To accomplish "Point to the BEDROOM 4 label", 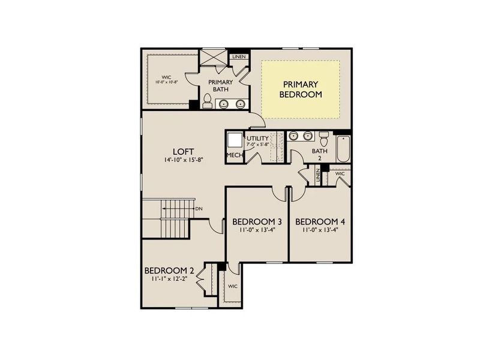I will (x=320, y=221).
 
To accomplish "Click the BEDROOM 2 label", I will (x=169, y=269).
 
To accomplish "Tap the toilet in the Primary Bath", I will (x=207, y=101).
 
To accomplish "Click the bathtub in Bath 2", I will (x=343, y=150).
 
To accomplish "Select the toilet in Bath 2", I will (x=323, y=139).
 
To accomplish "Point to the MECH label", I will (x=234, y=155).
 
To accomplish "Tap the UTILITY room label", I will (x=258, y=139).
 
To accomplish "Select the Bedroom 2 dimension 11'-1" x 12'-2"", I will (x=169, y=278).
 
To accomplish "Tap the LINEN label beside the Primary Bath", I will (x=239, y=57).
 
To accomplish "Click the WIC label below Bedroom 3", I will (x=232, y=286).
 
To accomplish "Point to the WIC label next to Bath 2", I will (x=340, y=173).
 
